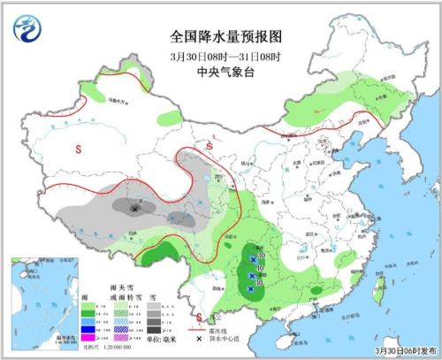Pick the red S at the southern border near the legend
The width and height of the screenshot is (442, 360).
click(x=200, y=317)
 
